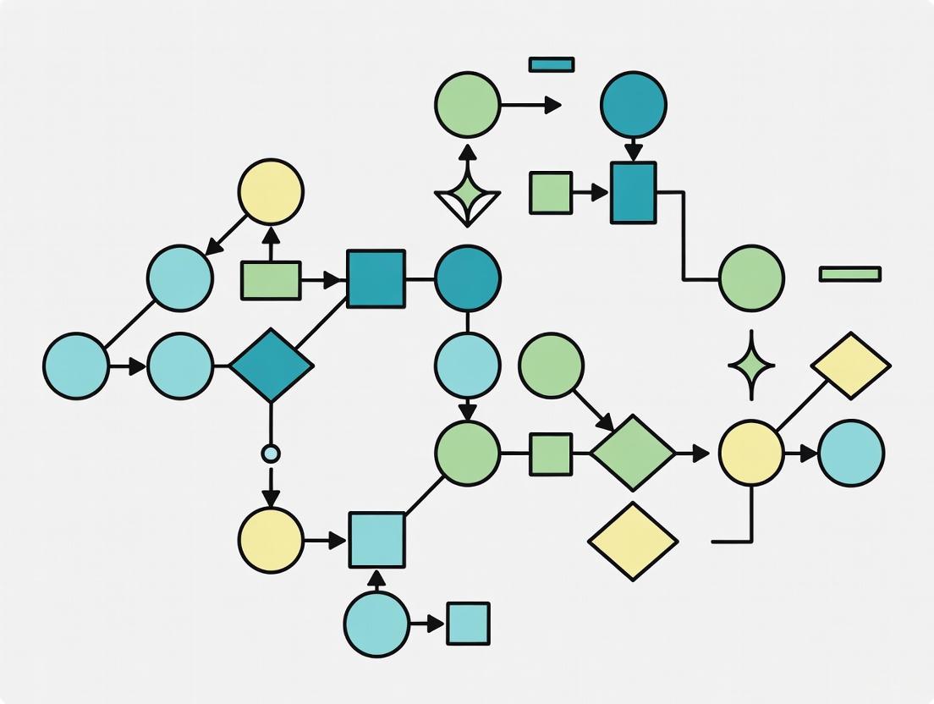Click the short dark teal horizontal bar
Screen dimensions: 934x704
point(552,64)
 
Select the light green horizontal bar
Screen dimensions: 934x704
point(849,274)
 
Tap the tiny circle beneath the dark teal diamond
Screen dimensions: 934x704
point(271,454)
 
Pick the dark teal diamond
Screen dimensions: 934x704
point(271,366)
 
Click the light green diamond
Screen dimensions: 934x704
point(633,454)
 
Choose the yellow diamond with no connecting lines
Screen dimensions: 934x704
point(633,542)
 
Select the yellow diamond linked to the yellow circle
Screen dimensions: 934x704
point(850,366)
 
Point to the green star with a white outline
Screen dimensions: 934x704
point(467,196)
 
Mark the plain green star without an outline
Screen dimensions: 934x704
point(751,366)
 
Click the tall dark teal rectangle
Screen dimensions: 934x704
point(633,193)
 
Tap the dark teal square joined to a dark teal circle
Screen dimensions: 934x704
point(376,278)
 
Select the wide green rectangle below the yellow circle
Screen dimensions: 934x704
point(271,280)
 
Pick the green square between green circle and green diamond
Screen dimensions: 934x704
point(551,454)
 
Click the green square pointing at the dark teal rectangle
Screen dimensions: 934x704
point(551,193)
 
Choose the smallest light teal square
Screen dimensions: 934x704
point(468,624)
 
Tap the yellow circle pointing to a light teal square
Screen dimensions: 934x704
point(271,540)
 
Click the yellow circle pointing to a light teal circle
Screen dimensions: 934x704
point(751,454)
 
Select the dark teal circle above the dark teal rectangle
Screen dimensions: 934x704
point(634,105)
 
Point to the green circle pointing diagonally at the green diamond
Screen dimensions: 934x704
point(551,366)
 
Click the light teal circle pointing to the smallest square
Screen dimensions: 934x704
point(376,624)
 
